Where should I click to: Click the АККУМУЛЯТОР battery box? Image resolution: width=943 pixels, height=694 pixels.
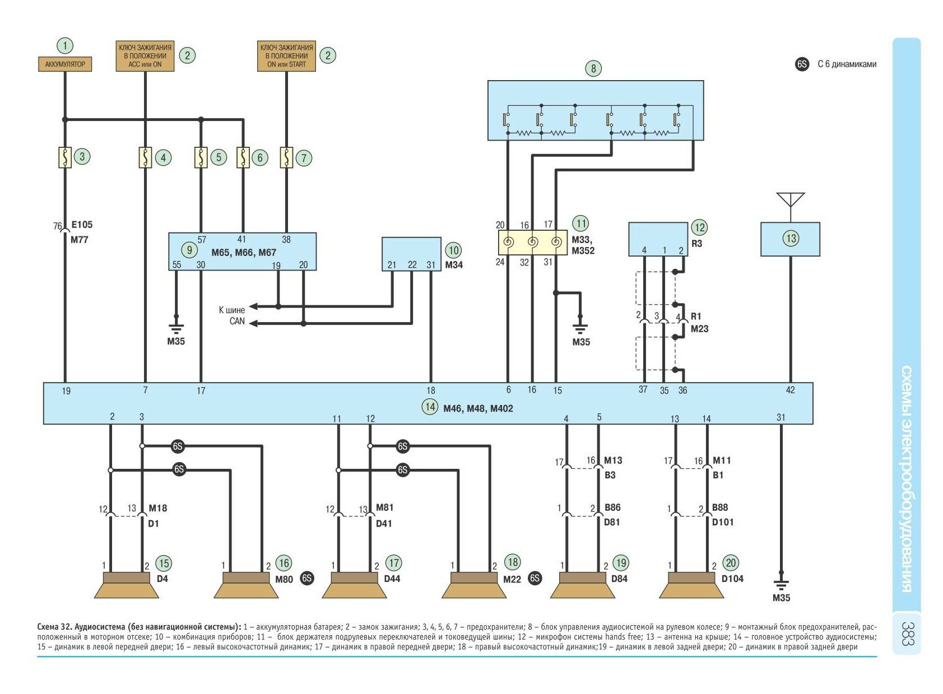(x=65, y=64)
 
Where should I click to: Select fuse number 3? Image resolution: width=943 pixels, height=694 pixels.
(x=65, y=157)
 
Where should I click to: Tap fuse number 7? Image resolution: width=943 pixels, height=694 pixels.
(x=286, y=157)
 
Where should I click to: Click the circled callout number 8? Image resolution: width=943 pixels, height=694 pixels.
(x=593, y=69)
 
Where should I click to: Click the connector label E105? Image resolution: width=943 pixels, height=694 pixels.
(x=82, y=225)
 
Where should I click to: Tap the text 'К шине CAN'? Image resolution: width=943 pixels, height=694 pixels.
(x=231, y=315)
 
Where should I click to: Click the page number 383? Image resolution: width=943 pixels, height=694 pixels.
(x=907, y=633)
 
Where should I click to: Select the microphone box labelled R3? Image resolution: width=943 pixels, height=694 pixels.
(x=658, y=239)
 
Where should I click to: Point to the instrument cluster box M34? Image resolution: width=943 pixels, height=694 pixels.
(x=411, y=254)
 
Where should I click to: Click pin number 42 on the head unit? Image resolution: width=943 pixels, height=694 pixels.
(x=790, y=390)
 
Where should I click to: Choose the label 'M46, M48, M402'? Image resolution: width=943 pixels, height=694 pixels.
(x=478, y=408)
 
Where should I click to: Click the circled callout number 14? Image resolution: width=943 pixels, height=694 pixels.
(x=430, y=407)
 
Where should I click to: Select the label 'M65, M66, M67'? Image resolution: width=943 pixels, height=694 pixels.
(x=244, y=253)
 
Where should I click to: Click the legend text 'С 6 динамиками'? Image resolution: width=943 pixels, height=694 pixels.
(x=847, y=64)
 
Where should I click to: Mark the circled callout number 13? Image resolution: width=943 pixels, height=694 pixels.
(x=791, y=239)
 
